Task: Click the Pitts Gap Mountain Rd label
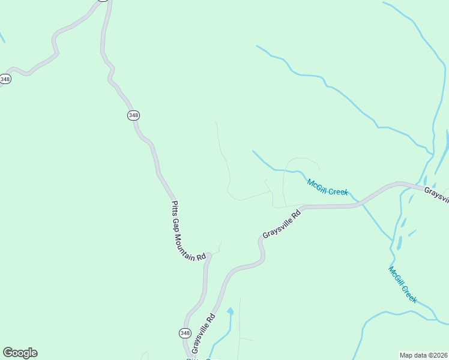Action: coord(188,230)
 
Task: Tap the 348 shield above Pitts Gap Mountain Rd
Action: coord(133,115)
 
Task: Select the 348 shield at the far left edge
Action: coord(5,79)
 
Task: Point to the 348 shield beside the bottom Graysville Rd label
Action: coord(185,333)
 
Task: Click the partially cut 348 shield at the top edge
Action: coord(103,1)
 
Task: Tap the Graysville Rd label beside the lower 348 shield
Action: coord(203,334)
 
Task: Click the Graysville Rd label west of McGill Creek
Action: coord(281,224)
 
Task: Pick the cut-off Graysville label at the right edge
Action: coord(436,194)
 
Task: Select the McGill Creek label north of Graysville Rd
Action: coord(327,187)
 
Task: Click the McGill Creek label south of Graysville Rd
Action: coord(402,284)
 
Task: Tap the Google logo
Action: coord(20,353)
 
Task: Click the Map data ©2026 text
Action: coord(423,355)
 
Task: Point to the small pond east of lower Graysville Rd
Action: coord(230,311)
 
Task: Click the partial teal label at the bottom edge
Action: coord(198,358)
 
